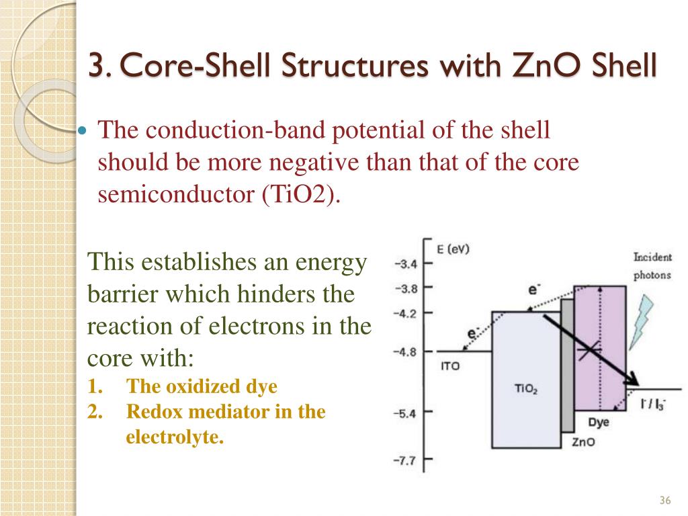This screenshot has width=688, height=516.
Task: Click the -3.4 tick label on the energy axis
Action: pyautogui.click(x=405, y=264)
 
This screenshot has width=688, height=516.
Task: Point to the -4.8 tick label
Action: pyautogui.click(x=405, y=351)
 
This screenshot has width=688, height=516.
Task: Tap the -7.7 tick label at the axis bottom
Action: pyautogui.click(x=405, y=460)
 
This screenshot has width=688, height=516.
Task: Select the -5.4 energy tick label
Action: pyautogui.click(x=405, y=413)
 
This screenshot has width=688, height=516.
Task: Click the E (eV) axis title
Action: pyautogui.click(x=453, y=249)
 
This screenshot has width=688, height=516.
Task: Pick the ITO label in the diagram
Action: pyautogui.click(x=450, y=367)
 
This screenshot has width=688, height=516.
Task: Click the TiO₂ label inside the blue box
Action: pyautogui.click(x=525, y=388)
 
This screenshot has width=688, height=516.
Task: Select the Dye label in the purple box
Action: pyautogui.click(x=599, y=422)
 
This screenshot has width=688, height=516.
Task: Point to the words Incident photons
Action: pyautogui.click(x=652, y=266)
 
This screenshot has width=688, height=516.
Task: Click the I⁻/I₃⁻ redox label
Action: pyautogui.click(x=652, y=404)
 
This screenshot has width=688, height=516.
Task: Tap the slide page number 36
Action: pyautogui.click(x=666, y=501)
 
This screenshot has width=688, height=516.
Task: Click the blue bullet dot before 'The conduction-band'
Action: pyautogui.click(x=83, y=130)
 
